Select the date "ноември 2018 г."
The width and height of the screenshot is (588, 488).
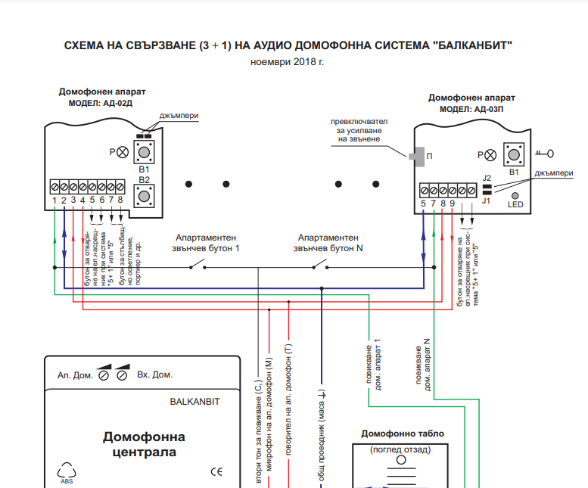coord(287,61)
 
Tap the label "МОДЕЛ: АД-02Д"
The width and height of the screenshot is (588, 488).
coord(101,103)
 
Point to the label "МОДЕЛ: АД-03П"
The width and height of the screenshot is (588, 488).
coord(471,109)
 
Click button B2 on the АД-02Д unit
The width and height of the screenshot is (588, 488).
coord(145,198)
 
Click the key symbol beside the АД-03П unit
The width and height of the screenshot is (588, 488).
coord(544,154)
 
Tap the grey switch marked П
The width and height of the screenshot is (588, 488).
coord(415,156)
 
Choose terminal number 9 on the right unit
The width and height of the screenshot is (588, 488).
coord(453,202)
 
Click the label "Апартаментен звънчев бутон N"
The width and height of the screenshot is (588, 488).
coord(331,241)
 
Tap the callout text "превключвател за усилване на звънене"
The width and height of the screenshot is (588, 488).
coord(359,130)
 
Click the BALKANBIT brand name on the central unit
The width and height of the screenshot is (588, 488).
coord(194,402)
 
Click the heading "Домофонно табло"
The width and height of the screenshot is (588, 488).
coord(403,434)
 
